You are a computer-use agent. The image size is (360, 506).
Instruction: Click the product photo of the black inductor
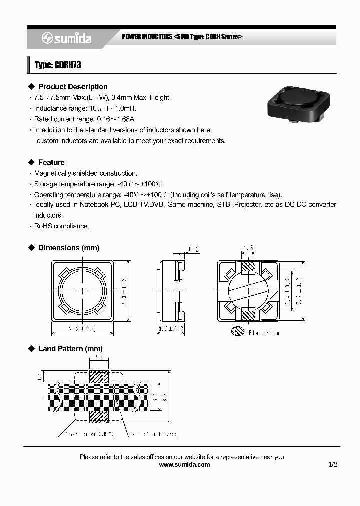click(x=297, y=102)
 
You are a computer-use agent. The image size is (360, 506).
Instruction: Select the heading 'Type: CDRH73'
click(x=58, y=65)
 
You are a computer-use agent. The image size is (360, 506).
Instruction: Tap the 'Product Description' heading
click(x=73, y=87)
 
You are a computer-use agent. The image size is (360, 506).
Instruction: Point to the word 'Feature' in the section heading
click(x=51, y=162)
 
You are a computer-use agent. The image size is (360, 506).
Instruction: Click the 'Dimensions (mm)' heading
click(x=69, y=248)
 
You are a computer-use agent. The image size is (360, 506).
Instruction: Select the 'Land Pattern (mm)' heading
click(x=70, y=349)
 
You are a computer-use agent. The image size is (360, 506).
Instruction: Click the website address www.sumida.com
click(x=184, y=465)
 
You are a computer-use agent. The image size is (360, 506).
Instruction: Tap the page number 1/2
click(x=333, y=465)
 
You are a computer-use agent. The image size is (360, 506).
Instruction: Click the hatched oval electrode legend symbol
click(x=238, y=331)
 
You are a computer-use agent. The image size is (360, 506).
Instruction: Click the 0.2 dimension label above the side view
click(x=194, y=249)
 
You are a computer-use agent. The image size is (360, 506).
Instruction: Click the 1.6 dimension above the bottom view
click(x=248, y=248)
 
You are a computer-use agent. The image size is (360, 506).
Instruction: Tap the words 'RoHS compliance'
click(x=61, y=226)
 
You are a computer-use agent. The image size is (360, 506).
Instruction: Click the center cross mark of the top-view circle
click(x=83, y=290)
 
